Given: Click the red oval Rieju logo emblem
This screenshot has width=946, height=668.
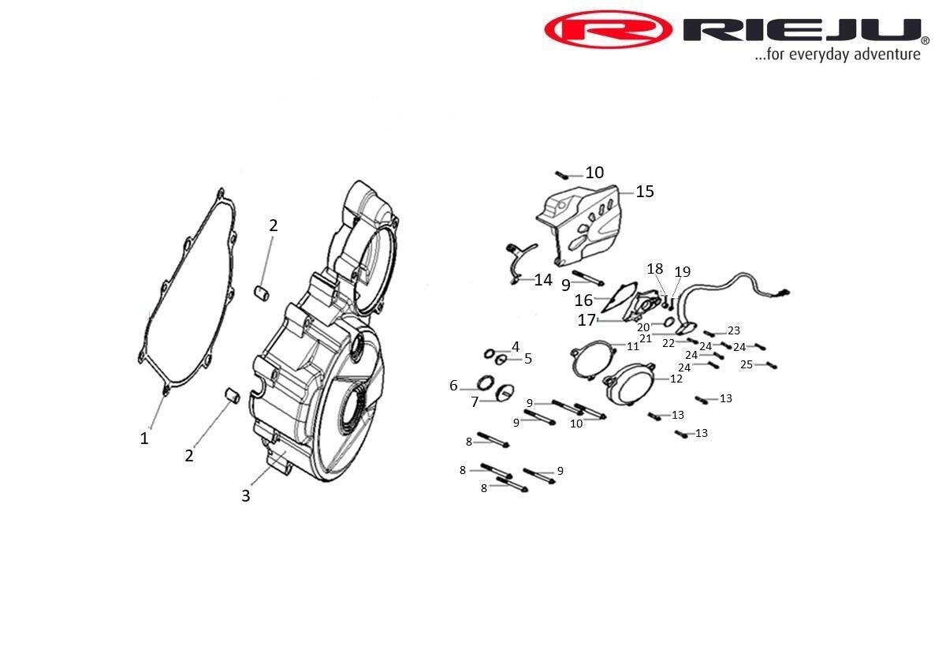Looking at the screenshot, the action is pos(608,30).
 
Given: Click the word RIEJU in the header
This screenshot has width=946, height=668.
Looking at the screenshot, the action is pos(803,30).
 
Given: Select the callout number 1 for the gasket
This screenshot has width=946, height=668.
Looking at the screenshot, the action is pos(144,438).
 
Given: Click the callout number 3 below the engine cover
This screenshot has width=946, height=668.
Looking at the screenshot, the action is pos(246,495).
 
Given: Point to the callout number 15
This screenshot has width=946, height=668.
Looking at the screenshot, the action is pos(645,192).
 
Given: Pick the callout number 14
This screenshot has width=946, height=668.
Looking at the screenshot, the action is pos(543,280).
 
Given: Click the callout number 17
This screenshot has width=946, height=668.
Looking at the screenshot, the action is pos(587,320).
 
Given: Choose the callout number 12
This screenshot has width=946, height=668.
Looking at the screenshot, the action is pos(676,379).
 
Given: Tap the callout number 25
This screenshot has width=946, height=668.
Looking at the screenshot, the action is pos(747,364).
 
